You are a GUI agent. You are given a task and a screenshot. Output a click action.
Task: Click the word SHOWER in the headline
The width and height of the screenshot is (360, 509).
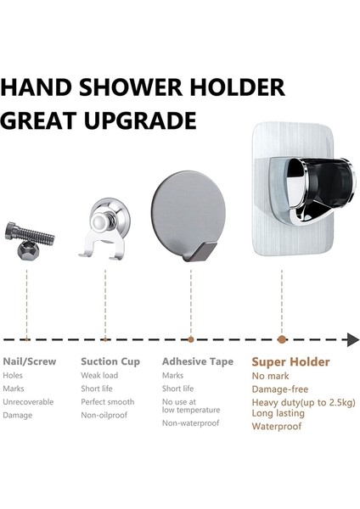tap(132, 87)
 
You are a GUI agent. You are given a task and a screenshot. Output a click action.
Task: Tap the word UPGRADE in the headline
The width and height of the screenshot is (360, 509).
tap(140, 120)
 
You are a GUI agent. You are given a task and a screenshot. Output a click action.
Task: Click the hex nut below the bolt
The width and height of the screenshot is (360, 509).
tap(28, 250)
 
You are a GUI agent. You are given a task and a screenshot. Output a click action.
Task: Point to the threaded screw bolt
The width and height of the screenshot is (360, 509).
tap(30, 232)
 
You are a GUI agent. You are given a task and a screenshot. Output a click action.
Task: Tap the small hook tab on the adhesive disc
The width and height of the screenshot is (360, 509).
tap(199, 252)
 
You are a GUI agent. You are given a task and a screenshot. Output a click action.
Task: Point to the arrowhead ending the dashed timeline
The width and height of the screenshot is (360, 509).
tap(353, 339)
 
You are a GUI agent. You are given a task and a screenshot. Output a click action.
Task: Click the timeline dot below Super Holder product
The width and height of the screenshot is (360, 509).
tap(282, 339)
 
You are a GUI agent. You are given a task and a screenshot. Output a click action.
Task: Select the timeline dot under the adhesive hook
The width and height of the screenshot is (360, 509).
tap(191, 339)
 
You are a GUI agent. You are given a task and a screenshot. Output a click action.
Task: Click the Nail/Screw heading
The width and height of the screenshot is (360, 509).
tap(30, 361)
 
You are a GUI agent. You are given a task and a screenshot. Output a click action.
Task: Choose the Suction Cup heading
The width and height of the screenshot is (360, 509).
tap(110, 361)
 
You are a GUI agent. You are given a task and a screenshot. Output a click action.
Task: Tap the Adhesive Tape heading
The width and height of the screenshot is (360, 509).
tap(198, 361)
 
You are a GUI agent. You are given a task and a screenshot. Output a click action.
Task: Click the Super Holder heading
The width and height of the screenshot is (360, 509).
tap(290, 362)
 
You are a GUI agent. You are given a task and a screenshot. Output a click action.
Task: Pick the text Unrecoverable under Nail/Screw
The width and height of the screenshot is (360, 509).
tap(28, 402)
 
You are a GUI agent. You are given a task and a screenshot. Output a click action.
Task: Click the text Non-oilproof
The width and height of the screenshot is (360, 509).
tap(104, 415)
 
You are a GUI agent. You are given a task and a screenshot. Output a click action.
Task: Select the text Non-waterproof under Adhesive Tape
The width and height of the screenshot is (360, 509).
tap(191, 423)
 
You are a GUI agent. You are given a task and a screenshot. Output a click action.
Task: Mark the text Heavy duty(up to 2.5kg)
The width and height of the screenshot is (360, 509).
tap(303, 403)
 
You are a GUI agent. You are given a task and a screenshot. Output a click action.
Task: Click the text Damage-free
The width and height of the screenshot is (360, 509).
tap(280, 389)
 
